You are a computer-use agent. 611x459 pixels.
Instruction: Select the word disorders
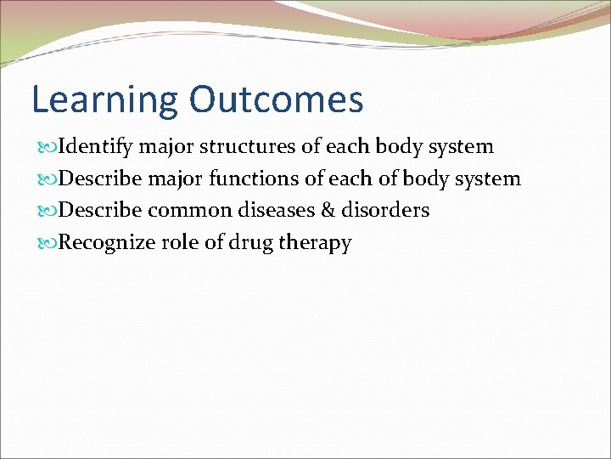(x=385, y=210)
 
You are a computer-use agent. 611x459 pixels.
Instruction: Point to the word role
(x=174, y=242)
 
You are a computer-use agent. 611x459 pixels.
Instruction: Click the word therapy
(x=315, y=243)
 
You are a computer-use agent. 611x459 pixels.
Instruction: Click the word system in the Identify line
(x=461, y=147)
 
